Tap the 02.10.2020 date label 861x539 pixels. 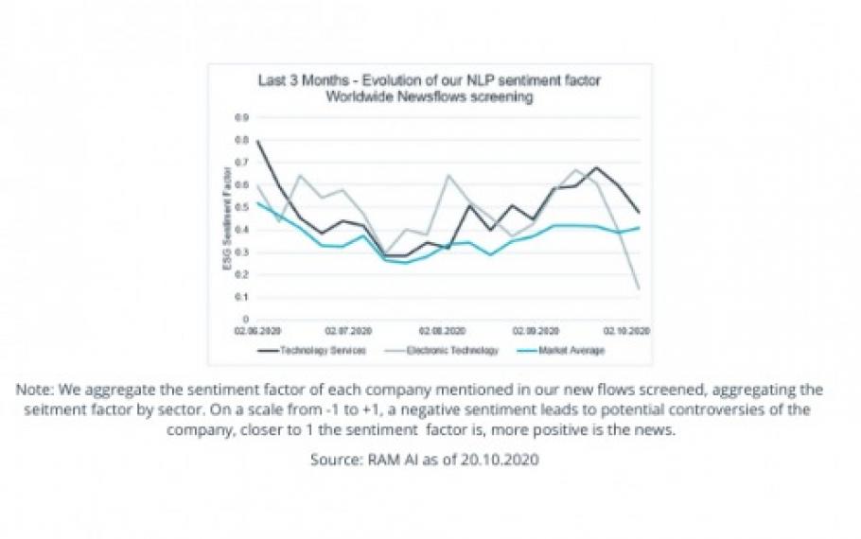[626, 332]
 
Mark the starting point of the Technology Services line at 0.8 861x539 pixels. [257, 141]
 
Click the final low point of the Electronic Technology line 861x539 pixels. [639, 288]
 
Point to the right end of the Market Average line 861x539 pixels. [641, 227]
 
